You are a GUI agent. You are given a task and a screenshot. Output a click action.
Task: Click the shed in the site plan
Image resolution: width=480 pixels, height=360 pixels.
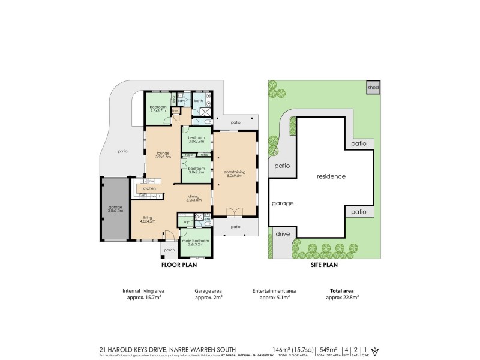[x=373, y=88]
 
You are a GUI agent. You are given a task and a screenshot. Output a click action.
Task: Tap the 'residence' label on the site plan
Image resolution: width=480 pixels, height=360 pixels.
[x=331, y=176]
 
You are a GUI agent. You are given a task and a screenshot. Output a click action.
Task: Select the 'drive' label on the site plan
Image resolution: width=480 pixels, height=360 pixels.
[x=283, y=233]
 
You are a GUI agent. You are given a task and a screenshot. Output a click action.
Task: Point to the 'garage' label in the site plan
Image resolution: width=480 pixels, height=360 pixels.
[x=283, y=203]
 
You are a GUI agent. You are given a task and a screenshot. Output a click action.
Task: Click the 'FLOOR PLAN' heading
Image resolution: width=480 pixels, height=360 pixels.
[x=178, y=264]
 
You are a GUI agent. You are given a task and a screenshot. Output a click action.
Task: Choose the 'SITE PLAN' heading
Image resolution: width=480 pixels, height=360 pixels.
[x=322, y=264]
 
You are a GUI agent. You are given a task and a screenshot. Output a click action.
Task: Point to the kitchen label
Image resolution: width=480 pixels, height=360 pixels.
[x=149, y=188]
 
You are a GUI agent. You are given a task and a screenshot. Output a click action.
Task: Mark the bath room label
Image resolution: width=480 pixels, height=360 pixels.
[x=198, y=101]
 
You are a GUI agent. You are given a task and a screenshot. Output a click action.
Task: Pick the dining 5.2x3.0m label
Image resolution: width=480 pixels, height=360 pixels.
[x=193, y=198]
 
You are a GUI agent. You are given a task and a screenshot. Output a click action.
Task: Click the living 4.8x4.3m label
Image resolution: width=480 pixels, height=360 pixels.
[x=148, y=220]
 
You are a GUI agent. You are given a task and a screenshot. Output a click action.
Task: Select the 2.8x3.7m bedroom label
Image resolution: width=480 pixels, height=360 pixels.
[x=157, y=109]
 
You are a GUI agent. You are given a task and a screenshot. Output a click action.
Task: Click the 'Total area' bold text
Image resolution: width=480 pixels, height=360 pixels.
[x=342, y=289]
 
